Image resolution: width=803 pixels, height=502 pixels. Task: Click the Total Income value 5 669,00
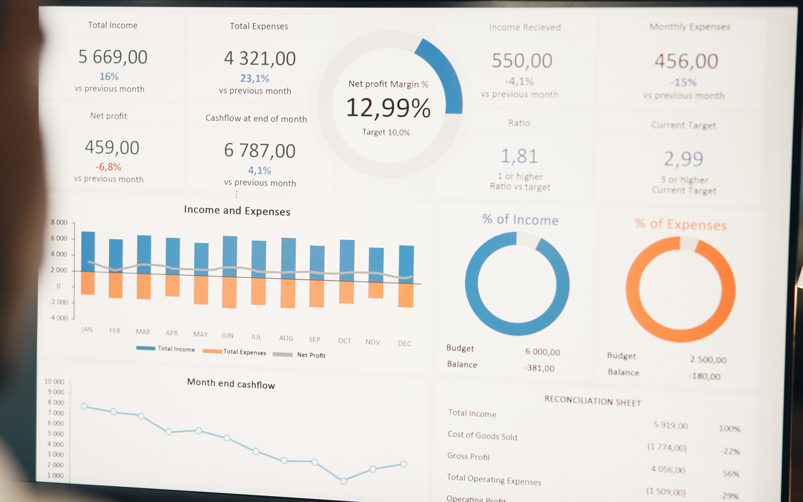click(113, 57)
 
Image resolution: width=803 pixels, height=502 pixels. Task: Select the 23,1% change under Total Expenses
click(255, 78)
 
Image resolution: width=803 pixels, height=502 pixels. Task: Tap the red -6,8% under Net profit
click(108, 167)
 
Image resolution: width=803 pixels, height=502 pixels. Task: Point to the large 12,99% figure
click(388, 108)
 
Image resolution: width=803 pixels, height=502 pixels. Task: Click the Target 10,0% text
click(386, 133)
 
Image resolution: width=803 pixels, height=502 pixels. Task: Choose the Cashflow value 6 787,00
click(260, 151)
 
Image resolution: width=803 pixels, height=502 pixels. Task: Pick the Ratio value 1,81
click(519, 156)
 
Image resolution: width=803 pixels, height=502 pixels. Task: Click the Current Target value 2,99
click(684, 159)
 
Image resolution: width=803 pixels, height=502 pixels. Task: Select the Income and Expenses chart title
click(237, 210)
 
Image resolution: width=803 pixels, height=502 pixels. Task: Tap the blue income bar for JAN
click(88, 251)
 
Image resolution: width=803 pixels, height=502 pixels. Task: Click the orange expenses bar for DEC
click(406, 295)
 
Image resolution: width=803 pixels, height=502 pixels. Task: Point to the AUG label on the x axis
click(286, 338)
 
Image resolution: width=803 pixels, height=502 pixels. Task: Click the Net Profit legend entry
click(311, 355)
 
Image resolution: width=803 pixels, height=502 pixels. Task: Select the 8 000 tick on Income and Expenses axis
click(59, 223)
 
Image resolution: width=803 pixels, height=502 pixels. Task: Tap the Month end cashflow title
click(231, 384)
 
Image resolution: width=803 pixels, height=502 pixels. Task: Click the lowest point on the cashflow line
click(343, 481)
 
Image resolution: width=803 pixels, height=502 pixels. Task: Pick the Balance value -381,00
click(539, 368)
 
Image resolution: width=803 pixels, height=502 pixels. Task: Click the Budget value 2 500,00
click(708, 360)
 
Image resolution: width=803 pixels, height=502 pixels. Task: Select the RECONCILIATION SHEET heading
click(592, 401)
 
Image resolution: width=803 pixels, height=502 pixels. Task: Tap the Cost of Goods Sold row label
click(482, 435)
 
